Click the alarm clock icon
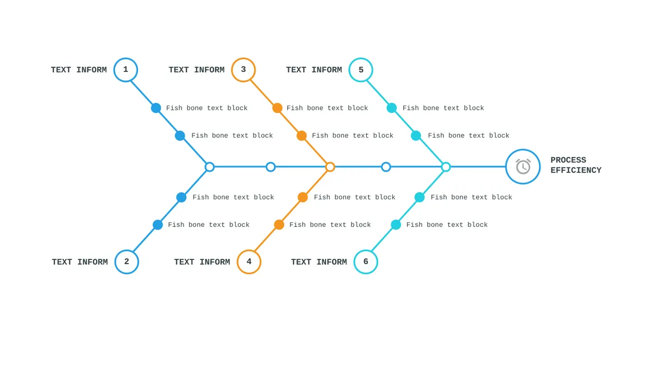tap(523, 166)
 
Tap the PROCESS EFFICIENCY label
tap(576, 165)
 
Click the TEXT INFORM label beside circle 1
tap(79, 70)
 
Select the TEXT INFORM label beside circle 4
tap(202, 262)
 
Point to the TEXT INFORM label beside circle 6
tap(319, 262)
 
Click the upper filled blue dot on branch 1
tap(156, 108)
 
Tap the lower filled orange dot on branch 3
tap(302, 135)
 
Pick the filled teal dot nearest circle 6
tap(396, 225)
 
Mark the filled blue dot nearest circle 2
tap(158, 225)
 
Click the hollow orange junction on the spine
tap(330, 167)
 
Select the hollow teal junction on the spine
tap(446, 167)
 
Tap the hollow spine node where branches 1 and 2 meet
tap(210, 167)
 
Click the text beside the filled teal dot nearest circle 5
tap(443, 108)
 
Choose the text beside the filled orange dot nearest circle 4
tap(330, 225)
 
